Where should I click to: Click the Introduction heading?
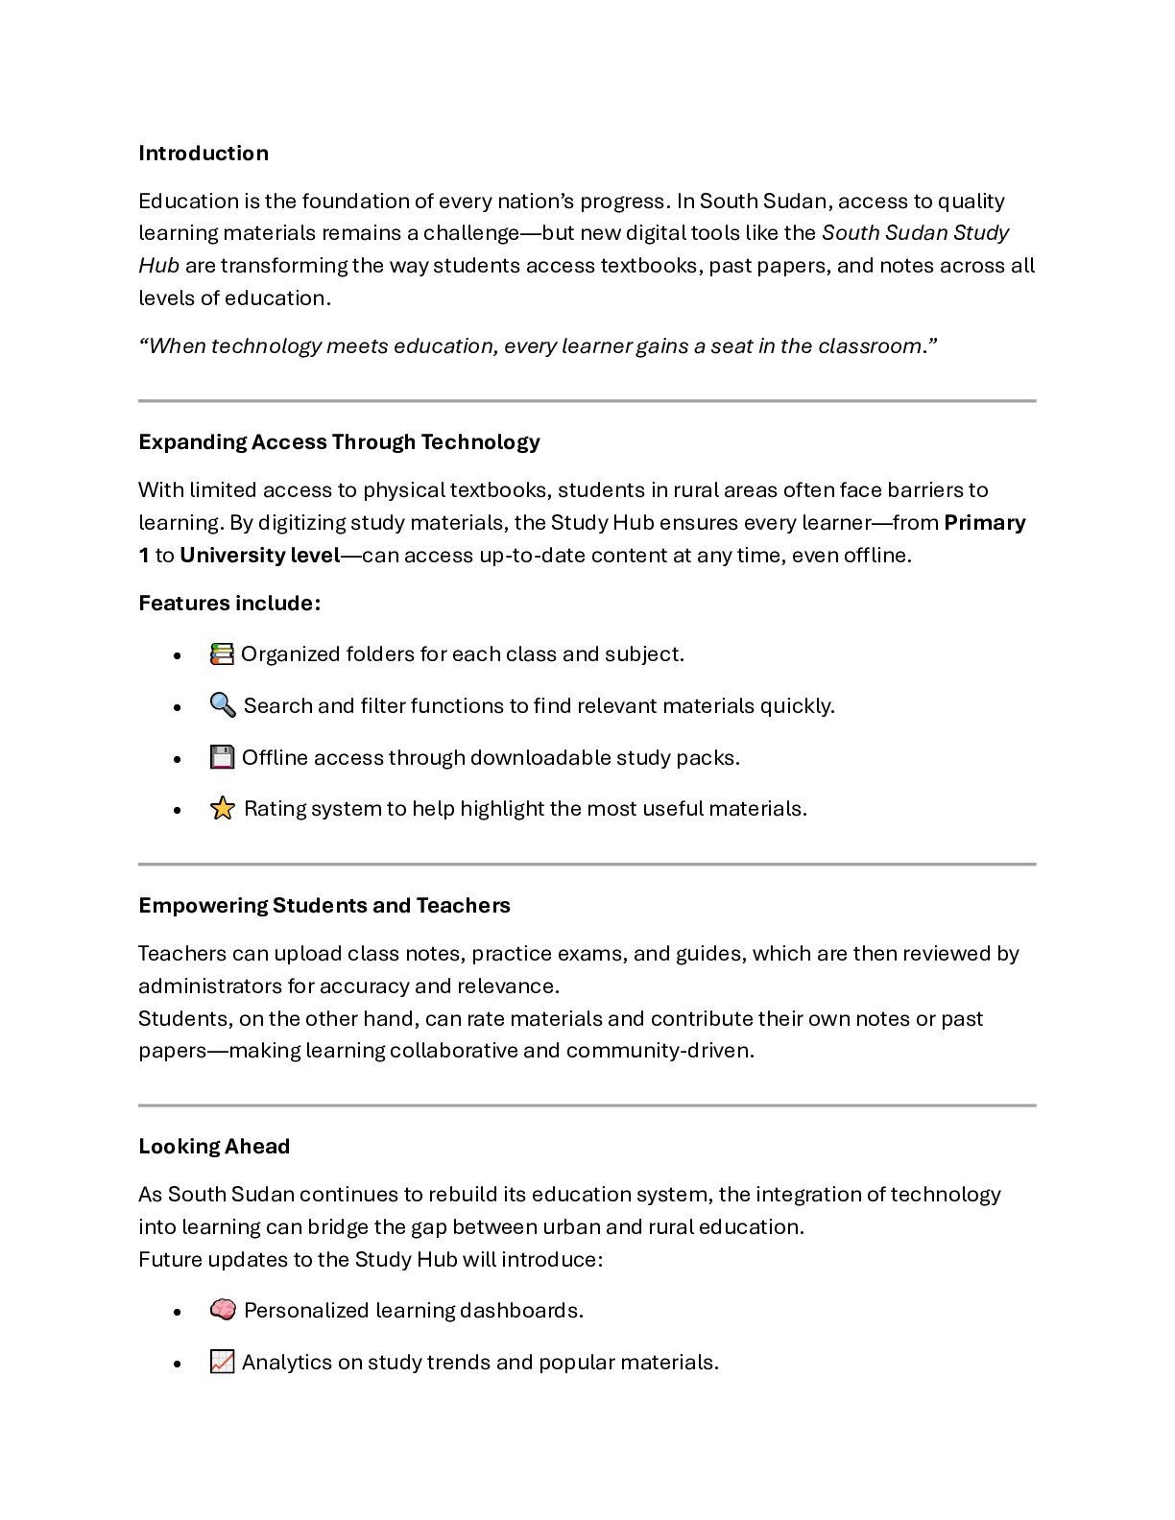(x=203, y=154)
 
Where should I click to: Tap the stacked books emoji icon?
(x=222, y=654)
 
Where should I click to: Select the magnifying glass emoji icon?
(x=222, y=705)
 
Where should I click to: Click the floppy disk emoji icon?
(x=222, y=757)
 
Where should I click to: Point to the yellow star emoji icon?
(x=222, y=809)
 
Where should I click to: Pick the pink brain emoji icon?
(x=222, y=1310)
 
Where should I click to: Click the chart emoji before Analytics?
(x=222, y=1362)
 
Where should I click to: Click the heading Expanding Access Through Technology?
(x=339, y=442)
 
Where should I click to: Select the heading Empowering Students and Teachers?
(x=324, y=906)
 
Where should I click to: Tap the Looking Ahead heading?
(x=213, y=1147)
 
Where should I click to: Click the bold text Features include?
(x=228, y=604)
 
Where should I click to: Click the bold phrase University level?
(x=259, y=556)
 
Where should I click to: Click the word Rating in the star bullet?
(x=274, y=809)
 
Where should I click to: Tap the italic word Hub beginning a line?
(x=158, y=266)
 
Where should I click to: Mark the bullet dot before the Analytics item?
(x=178, y=1364)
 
